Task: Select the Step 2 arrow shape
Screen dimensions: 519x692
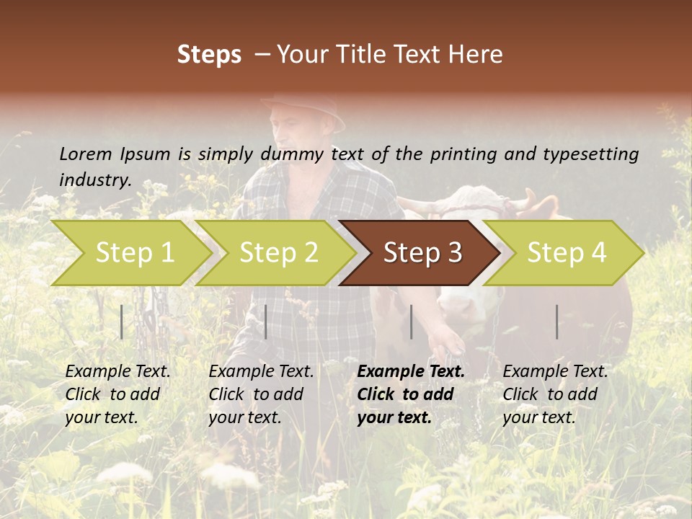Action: pyautogui.click(x=278, y=253)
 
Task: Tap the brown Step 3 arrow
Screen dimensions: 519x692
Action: pyautogui.click(x=422, y=253)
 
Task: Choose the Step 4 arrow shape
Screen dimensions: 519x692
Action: pyautogui.click(x=566, y=253)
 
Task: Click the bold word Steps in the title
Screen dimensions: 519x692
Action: pyautogui.click(x=209, y=55)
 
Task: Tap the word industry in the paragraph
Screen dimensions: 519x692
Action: pyautogui.click(x=95, y=179)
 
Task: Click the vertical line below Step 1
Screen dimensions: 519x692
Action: pyautogui.click(x=122, y=321)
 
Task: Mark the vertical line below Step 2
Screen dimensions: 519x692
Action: pyautogui.click(x=266, y=321)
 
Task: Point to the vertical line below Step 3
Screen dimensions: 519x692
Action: pyautogui.click(x=411, y=321)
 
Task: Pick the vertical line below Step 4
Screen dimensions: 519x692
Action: pyautogui.click(x=556, y=321)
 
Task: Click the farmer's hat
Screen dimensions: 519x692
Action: pyautogui.click(x=306, y=110)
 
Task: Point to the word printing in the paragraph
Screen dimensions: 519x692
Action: pyautogui.click(x=463, y=154)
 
